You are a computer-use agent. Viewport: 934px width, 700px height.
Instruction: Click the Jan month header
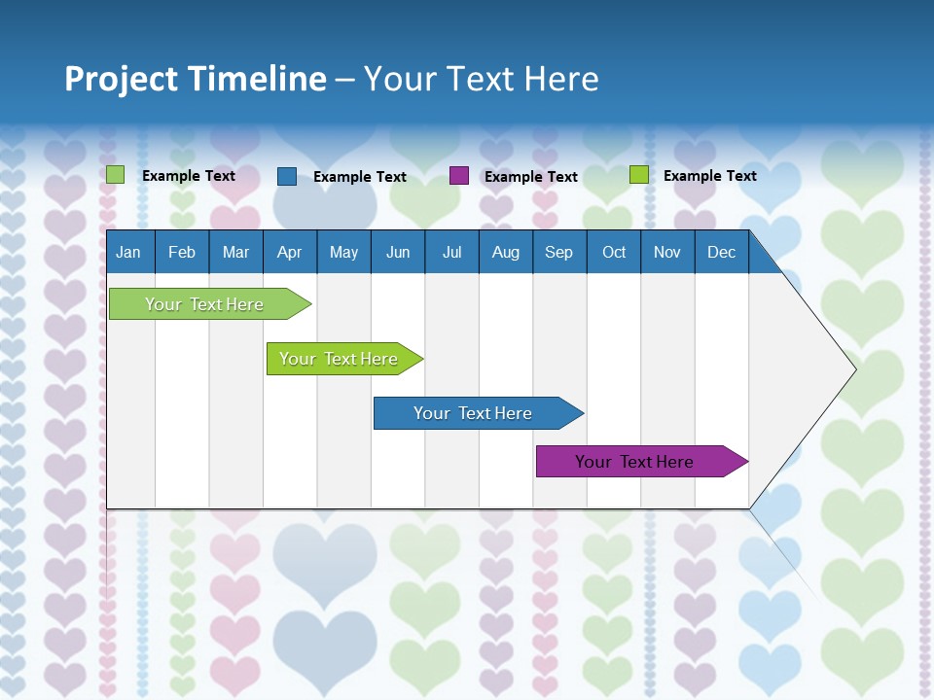[x=129, y=252]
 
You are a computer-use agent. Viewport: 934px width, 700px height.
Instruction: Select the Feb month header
[x=182, y=252]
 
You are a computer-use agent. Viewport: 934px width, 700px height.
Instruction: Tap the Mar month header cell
[x=235, y=252]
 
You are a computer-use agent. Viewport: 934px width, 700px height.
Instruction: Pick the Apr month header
[x=289, y=252]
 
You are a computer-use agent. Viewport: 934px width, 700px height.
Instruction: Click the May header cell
[x=343, y=252]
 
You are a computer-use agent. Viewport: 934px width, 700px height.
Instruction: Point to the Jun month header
[x=398, y=252]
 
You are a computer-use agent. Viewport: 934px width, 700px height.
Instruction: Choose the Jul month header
[x=451, y=252]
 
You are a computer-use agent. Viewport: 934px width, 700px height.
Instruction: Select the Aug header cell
[x=505, y=252]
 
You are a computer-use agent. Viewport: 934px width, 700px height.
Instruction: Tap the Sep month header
[x=558, y=252]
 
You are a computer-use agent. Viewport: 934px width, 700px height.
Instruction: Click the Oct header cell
[x=614, y=252]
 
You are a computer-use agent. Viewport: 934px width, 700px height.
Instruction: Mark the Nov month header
[x=667, y=252]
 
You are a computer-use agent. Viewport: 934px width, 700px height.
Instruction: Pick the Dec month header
[x=721, y=252]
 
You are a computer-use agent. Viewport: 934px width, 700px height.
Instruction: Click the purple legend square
[x=459, y=176]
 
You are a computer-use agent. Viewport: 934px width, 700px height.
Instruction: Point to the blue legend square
[x=287, y=176]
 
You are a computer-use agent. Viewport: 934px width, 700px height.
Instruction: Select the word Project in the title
[x=108, y=79]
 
